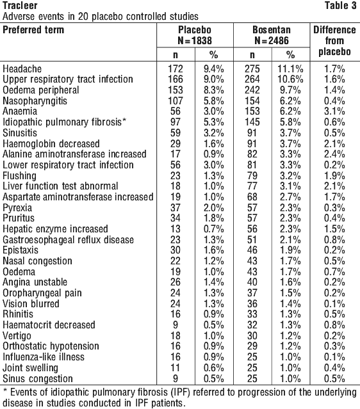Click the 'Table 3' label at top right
point(340,6)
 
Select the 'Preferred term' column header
point(33,29)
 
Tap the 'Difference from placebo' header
point(334,41)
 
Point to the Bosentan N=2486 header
point(272,35)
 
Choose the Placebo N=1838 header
point(195,35)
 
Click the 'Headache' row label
point(22,69)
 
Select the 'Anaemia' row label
point(20,111)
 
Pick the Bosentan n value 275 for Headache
point(252,69)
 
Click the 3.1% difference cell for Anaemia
point(334,111)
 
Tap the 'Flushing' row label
point(19,176)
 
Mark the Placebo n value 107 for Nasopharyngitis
point(176,101)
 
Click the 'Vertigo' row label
point(17,335)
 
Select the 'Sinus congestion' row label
point(38,378)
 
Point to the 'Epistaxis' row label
point(20,250)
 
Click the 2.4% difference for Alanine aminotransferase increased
point(334,154)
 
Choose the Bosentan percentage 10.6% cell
point(290,79)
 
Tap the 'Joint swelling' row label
point(30,368)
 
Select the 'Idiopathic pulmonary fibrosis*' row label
point(65,122)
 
